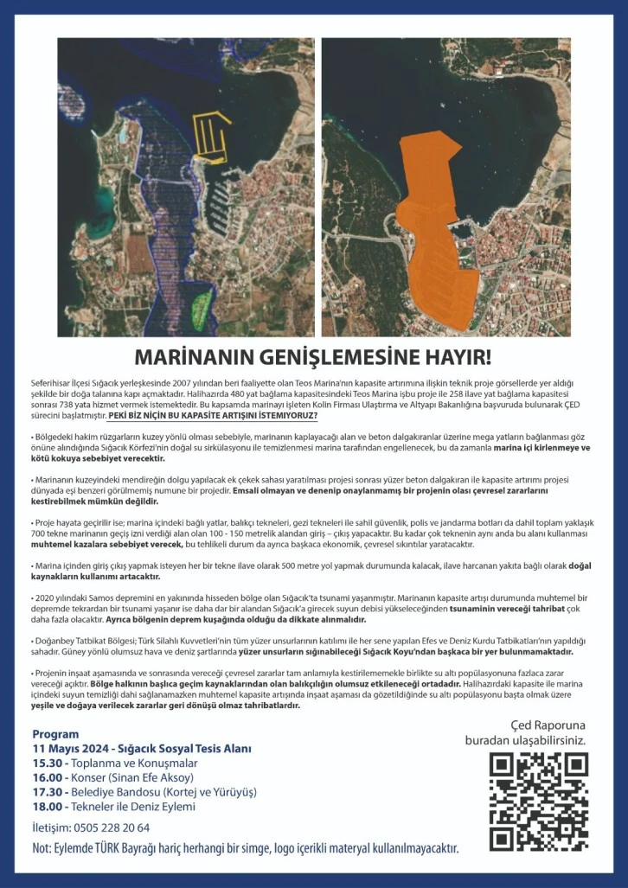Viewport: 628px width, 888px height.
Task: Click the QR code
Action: point(538,802)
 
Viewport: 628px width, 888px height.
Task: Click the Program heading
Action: point(55,734)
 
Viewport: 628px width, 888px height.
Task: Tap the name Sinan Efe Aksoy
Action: point(152,778)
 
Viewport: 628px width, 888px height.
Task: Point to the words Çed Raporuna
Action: point(548,725)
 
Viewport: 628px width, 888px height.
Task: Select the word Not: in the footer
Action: point(42,848)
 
